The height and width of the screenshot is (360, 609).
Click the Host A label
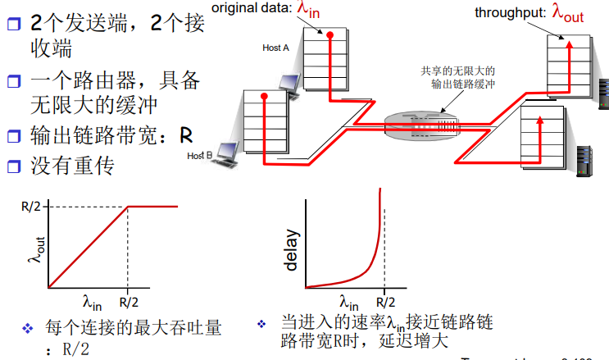(276, 48)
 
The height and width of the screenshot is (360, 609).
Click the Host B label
(200, 155)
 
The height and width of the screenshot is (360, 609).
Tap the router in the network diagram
(414, 124)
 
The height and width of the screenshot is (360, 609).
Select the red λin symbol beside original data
(329, 10)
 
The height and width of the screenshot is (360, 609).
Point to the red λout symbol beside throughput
(567, 11)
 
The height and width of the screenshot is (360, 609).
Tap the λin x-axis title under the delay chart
(348, 299)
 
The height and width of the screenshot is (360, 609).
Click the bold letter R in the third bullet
(187, 134)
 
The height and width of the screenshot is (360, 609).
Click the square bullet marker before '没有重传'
(13, 165)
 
